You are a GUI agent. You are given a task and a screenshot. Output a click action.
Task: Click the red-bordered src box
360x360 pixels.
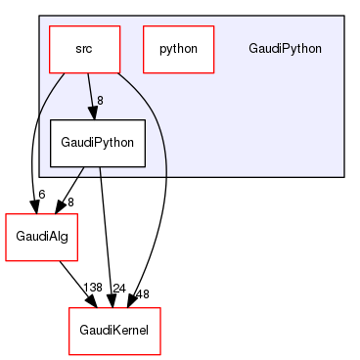pyautogui.click(x=84, y=48)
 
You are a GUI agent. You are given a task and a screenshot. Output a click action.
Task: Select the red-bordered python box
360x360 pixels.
pyautogui.click(x=178, y=48)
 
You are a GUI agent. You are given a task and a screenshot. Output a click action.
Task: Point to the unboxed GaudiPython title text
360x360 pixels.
pyautogui.click(x=285, y=48)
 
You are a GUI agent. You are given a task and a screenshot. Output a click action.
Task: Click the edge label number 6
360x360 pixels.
pyautogui.click(x=41, y=194)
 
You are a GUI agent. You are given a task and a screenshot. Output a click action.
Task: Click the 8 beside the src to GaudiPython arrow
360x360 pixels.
pyautogui.click(x=99, y=100)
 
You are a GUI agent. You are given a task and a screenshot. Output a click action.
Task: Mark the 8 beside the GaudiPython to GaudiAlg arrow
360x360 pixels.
pyautogui.click(x=70, y=201)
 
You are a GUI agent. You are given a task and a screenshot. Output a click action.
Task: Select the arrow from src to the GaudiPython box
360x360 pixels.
pyautogui.click(x=91, y=94)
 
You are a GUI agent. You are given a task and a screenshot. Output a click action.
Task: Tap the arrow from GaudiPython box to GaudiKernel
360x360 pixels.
pyautogui.click(x=106, y=235)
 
